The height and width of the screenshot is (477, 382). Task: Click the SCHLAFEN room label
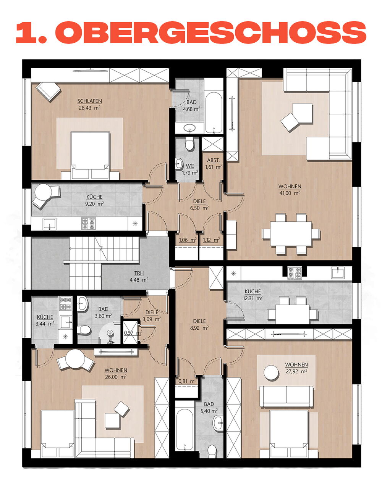(89, 101)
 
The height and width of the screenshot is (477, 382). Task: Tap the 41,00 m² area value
(290, 193)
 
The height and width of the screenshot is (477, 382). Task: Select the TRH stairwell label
(139, 273)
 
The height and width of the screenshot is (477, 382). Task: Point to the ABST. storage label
(214, 160)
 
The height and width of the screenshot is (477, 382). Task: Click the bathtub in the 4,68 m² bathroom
(214, 113)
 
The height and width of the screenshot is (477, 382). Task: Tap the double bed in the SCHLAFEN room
(90, 156)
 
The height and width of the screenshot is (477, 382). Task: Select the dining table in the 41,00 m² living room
(291, 234)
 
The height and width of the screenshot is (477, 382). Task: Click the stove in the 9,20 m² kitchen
(89, 223)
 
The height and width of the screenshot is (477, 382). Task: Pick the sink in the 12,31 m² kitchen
(338, 272)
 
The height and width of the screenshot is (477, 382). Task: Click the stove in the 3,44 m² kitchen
(65, 304)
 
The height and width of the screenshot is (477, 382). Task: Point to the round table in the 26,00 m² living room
(75, 359)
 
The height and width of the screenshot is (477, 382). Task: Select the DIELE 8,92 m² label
(199, 324)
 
